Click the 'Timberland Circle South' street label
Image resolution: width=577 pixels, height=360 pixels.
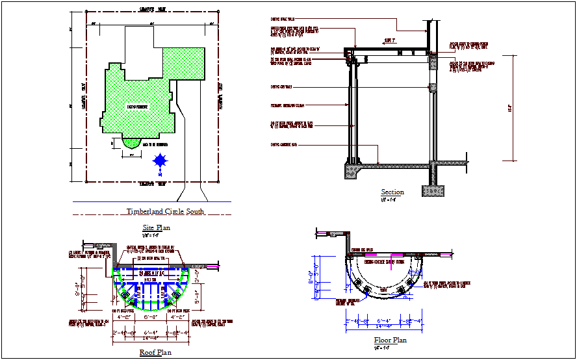pos(165,212)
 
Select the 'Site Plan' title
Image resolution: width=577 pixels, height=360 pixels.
pos(156,227)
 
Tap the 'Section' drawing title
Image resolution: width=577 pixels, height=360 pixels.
pos(392,192)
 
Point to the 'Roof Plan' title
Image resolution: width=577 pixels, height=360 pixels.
pos(156,353)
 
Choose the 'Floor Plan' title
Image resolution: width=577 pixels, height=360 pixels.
pos(391,340)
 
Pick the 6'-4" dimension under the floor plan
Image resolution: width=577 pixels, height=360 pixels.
pos(384,321)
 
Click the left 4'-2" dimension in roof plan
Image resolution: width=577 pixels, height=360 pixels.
pos(123,318)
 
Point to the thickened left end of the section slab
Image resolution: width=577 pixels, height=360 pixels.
pos(353,172)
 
